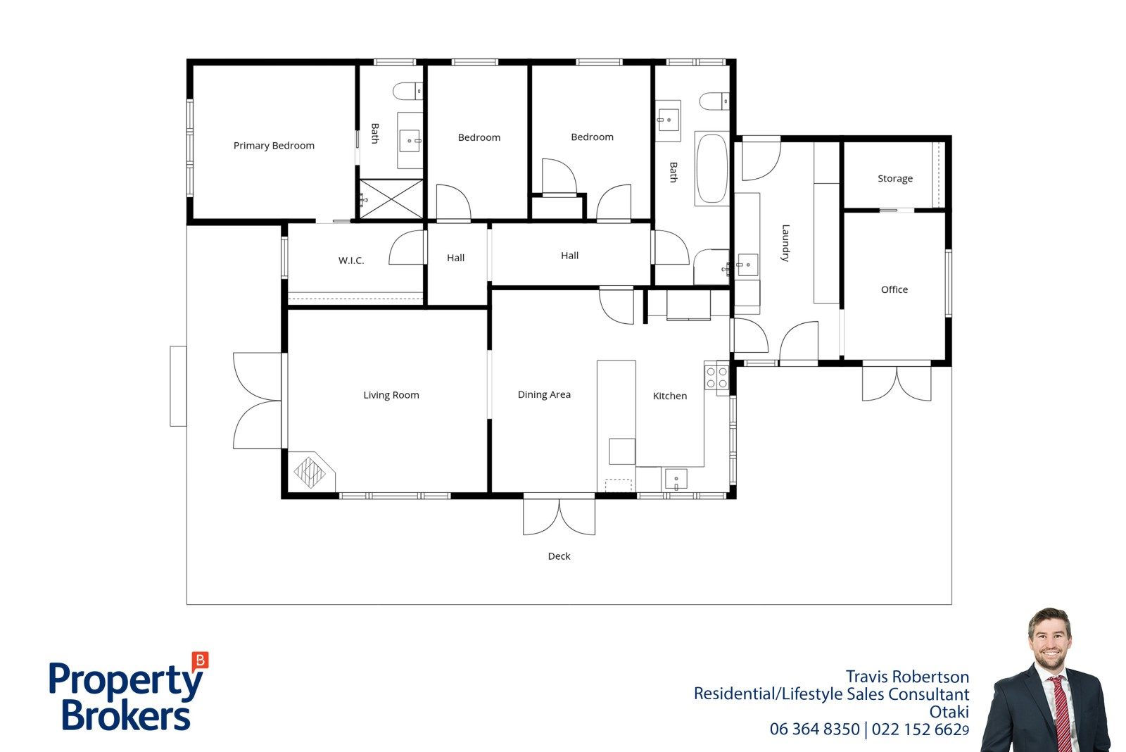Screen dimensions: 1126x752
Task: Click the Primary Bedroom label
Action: tap(274, 146)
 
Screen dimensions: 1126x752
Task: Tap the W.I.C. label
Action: tap(351, 261)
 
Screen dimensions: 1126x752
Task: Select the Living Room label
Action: tap(391, 396)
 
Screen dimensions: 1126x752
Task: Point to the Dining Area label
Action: tap(544, 395)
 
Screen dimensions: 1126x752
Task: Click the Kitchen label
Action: tap(669, 396)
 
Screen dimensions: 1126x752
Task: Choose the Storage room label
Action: tap(894, 179)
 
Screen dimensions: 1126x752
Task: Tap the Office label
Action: tap(894, 289)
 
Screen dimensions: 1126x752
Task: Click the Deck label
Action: tap(559, 556)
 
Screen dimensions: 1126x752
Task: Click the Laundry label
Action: tap(785, 243)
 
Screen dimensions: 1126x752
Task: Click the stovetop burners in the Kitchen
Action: tap(717, 378)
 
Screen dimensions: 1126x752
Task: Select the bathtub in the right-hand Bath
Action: tap(711, 168)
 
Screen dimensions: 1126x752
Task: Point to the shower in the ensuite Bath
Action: tap(391, 199)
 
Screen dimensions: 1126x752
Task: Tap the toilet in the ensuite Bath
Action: tap(407, 92)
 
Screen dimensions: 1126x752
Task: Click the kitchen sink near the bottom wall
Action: tap(676, 480)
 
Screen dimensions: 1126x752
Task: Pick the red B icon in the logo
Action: tap(200, 660)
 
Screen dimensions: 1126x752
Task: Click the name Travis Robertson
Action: tap(907, 677)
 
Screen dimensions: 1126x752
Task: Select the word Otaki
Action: tap(949, 713)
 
